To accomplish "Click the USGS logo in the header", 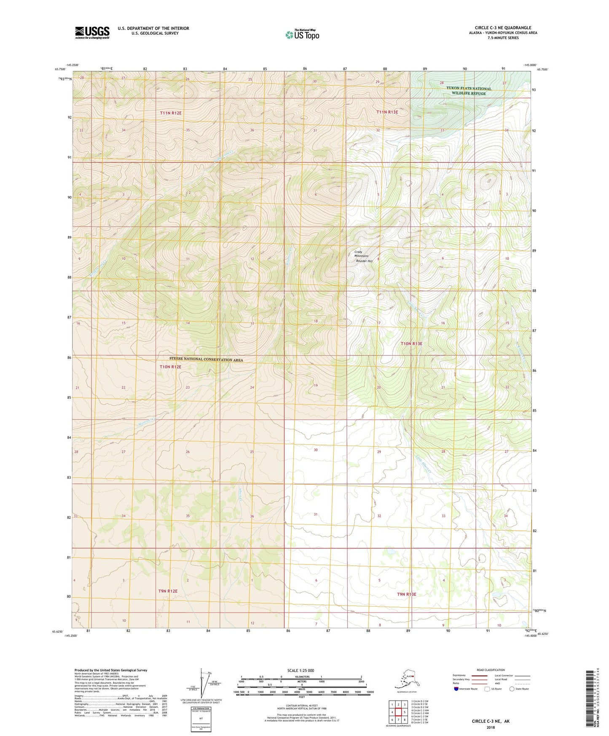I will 92,32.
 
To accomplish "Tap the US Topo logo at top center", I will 302,34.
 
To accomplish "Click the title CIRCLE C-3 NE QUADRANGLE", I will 503,28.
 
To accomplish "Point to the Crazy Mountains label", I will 361,254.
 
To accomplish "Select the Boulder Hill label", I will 365,261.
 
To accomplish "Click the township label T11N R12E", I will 171,113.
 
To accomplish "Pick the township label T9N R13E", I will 406,594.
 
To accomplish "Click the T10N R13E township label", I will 411,344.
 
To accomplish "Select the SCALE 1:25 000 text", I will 300,671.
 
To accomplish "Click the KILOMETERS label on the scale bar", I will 301,677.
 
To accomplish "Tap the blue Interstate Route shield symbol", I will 456,689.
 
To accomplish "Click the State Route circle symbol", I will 512,689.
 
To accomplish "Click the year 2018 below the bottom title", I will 491,727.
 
